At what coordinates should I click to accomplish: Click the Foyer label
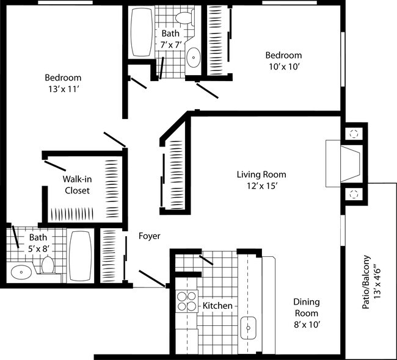click(x=150, y=236)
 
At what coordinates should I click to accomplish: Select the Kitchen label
click(x=217, y=306)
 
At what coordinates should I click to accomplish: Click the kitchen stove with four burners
click(x=187, y=301)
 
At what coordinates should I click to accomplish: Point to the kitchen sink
click(x=249, y=328)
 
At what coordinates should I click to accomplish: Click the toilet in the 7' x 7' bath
click(x=185, y=18)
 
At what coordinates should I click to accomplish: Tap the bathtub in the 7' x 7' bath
click(x=142, y=32)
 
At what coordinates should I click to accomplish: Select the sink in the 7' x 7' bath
click(x=194, y=57)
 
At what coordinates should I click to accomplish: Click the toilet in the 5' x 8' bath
click(x=48, y=265)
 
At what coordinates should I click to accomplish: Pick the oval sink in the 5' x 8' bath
click(x=21, y=272)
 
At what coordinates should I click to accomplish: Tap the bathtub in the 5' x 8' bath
click(x=80, y=256)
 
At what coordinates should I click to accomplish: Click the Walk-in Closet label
click(x=77, y=185)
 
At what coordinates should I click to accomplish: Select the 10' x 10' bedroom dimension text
click(x=285, y=67)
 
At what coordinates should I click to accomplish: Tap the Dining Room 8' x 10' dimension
click(x=307, y=325)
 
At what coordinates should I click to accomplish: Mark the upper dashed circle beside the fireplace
click(x=354, y=134)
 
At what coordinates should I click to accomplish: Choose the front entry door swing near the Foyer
click(x=152, y=278)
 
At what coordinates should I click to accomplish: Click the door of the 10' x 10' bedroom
click(x=208, y=91)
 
